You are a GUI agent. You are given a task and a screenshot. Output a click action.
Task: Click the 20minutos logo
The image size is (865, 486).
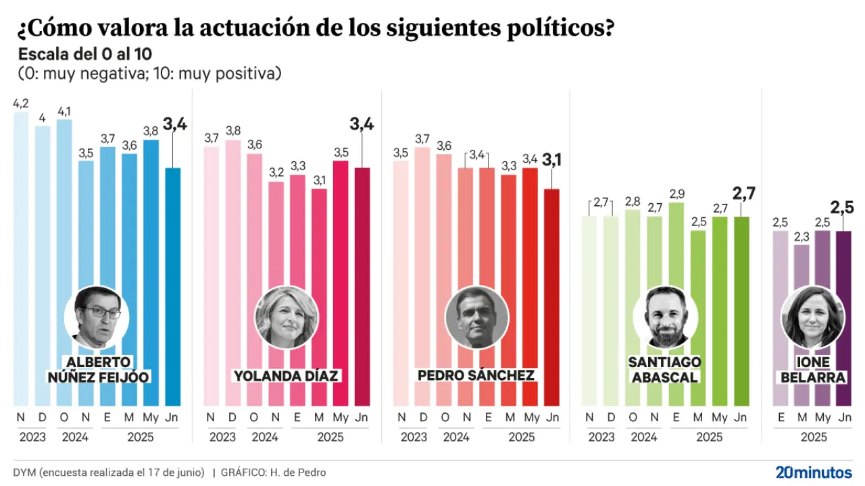click(x=813, y=472)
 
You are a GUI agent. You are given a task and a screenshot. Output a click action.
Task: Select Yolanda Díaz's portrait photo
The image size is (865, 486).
click(x=286, y=317)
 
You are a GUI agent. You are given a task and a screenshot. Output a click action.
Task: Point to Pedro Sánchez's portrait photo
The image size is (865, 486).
click(x=476, y=317)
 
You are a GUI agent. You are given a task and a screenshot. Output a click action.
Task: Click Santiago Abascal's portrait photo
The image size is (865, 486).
click(x=666, y=317)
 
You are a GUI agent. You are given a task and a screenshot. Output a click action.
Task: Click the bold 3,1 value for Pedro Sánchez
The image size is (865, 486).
click(x=552, y=160)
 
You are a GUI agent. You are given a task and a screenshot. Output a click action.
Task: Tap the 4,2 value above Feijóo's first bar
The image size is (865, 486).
click(x=21, y=104)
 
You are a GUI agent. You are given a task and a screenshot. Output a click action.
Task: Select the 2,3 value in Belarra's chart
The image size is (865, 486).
click(x=802, y=236)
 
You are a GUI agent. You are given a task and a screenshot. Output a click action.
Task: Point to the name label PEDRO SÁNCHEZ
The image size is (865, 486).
click(x=476, y=375)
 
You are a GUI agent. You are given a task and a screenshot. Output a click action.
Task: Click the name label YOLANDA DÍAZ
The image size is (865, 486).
click(x=286, y=375)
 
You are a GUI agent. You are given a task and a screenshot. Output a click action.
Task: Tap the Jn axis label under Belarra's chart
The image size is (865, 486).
click(x=844, y=417)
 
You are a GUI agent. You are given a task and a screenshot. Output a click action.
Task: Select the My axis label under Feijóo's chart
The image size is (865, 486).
click(x=151, y=417)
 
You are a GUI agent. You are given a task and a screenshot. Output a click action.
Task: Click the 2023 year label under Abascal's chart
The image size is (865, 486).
click(x=601, y=437)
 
